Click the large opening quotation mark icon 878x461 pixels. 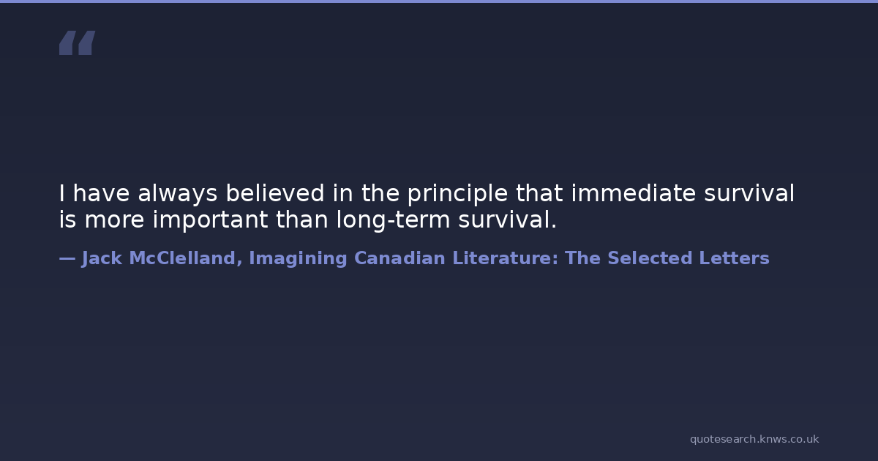pyautogui.click(x=78, y=42)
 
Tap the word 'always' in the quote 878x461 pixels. pyautogui.click(x=178, y=194)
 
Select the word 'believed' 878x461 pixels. pyautogui.click(x=275, y=193)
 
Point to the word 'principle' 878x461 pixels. pyautogui.click(x=458, y=194)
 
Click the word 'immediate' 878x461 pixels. pyautogui.click(x=634, y=193)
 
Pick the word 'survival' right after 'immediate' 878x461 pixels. pyautogui.click(x=749, y=193)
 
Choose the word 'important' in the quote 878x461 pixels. pyautogui.click(x=210, y=220)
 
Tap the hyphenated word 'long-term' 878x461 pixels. pyautogui.click(x=393, y=220)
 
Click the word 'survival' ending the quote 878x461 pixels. pyautogui.click(x=507, y=219)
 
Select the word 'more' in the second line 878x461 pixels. pyautogui.click(x=114, y=220)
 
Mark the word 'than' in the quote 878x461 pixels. pyautogui.click(x=302, y=219)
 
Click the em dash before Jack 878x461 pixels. pyautogui.click(x=67, y=259)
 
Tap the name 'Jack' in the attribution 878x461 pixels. pyautogui.click(x=102, y=259)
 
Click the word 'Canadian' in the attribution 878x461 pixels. pyautogui.click(x=399, y=258)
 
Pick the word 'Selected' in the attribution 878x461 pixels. pyautogui.click(x=650, y=258)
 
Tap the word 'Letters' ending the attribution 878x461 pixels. pyautogui.click(x=734, y=258)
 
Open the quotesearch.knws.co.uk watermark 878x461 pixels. pyautogui.click(x=754, y=440)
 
